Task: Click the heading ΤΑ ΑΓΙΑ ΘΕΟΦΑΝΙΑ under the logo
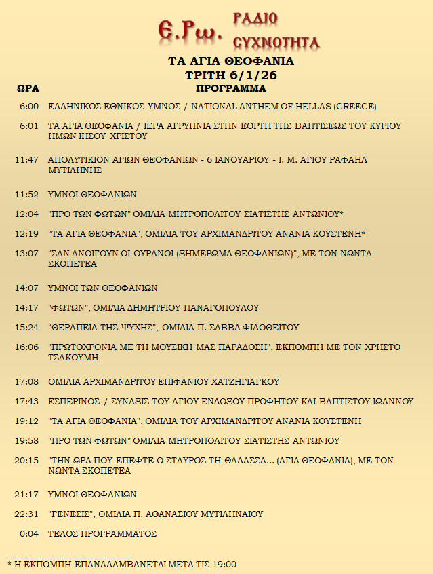click(x=231, y=62)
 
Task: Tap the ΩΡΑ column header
click(x=28, y=89)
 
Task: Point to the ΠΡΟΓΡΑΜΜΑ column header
click(x=231, y=89)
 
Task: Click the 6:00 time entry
click(x=29, y=107)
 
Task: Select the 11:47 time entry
click(x=27, y=160)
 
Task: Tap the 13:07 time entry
click(x=27, y=254)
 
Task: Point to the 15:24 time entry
click(x=27, y=328)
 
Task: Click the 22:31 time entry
click(x=27, y=514)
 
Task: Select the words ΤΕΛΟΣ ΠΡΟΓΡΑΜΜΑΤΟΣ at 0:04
click(x=102, y=534)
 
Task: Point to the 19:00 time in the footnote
click(x=224, y=564)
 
